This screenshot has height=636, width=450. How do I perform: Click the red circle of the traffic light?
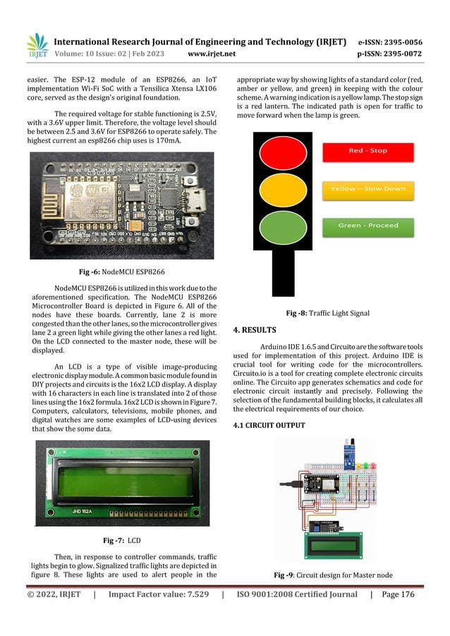(280, 150)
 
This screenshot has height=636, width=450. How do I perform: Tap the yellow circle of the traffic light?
(280, 189)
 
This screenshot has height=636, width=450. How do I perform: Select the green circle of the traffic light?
(280, 227)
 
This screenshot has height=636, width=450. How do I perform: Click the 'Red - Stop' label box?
(367, 150)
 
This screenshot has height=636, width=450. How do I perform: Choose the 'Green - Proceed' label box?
(367, 226)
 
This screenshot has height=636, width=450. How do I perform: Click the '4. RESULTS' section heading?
(257, 329)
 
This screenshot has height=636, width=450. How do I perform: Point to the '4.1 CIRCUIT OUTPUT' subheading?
(269, 425)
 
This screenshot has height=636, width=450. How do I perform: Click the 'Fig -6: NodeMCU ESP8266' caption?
(121, 271)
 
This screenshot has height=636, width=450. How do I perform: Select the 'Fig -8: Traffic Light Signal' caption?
(328, 313)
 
